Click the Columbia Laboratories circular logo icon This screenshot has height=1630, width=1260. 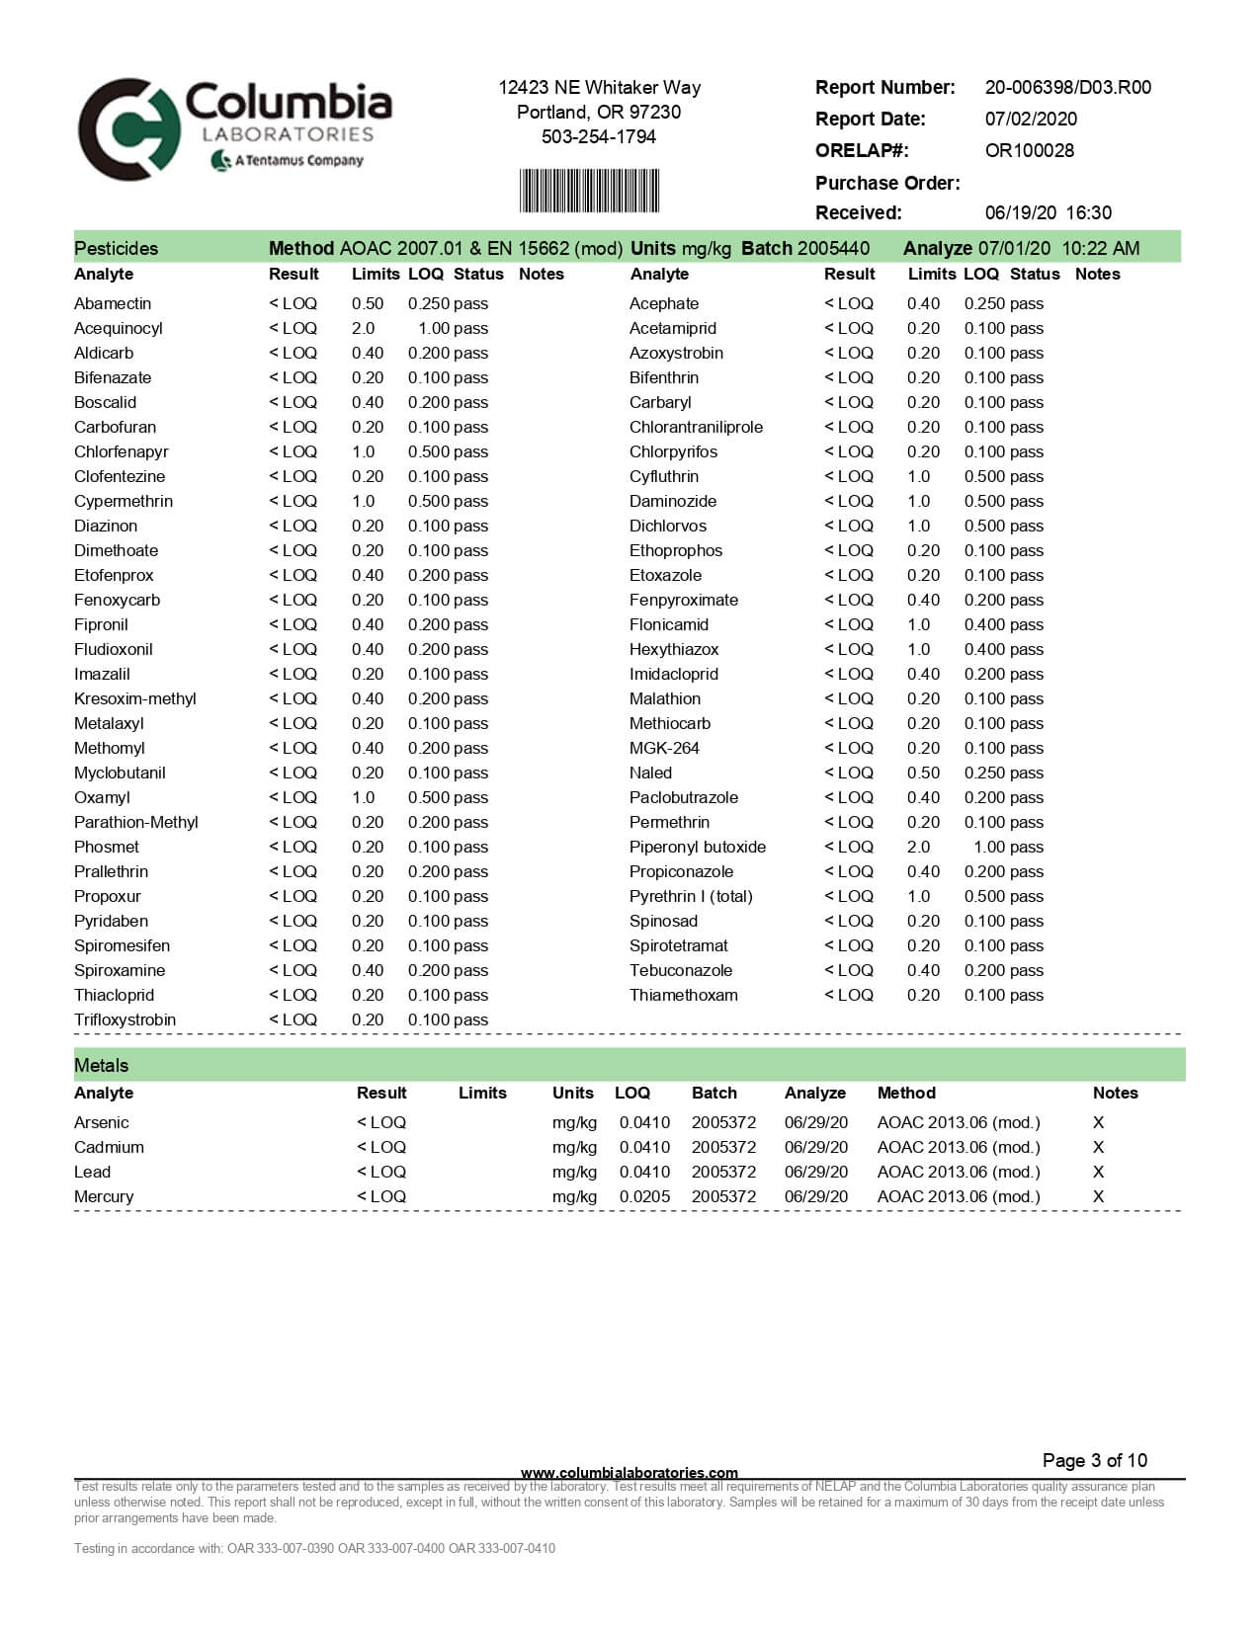(128, 129)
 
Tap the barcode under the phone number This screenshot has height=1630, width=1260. (589, 190)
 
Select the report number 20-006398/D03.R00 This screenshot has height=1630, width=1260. (1067, 87)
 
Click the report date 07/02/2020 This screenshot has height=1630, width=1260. (1031, 119)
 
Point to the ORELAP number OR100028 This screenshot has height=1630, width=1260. (1029, 150)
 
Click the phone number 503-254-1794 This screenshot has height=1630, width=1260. (598, 136)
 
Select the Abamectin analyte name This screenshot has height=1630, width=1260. (112, 303)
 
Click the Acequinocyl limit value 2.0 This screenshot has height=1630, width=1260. (363, 328)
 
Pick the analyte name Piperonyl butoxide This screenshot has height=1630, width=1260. (697, 847)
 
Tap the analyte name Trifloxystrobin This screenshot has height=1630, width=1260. (125, 1019)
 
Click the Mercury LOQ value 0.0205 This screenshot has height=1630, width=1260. (644, 1196)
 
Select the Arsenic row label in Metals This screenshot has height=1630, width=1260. (101, 1122)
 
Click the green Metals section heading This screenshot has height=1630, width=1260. (101, 1065)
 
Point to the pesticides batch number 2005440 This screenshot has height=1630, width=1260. (833, 248)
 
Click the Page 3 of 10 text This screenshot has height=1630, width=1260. (1094, 1460)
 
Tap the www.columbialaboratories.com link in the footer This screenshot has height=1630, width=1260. (629, 1472)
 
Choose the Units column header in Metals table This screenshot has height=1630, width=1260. (572, 1093)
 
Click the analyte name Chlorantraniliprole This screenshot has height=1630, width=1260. (696, 427)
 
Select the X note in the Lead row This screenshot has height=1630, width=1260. (1098, 1172)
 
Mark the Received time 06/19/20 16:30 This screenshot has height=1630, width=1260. (1048, 212)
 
